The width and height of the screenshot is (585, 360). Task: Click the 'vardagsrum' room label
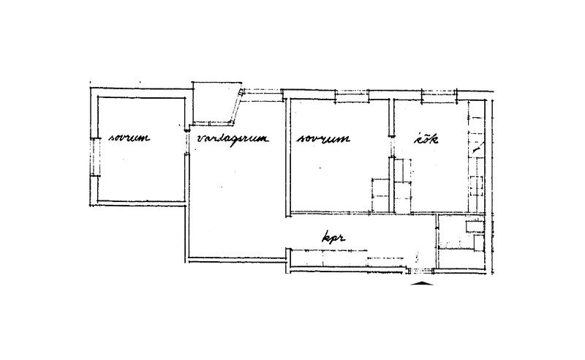[233, 139]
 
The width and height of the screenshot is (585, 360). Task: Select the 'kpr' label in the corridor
[333, 238]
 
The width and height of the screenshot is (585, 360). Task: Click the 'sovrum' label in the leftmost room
[129, 138]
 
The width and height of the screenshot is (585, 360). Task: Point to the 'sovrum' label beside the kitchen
[323, 138]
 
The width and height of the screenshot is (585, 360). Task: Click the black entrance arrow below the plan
[422, 282]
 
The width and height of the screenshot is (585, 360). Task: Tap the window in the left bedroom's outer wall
[95, 157]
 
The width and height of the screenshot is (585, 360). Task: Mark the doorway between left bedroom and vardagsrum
[186, 142]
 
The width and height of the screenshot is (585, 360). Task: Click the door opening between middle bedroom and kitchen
[391, 146]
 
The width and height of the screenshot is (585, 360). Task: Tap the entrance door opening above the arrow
[421, 271]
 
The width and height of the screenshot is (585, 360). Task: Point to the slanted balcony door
[237, 106]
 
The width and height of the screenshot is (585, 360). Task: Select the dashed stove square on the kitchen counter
[477, 186]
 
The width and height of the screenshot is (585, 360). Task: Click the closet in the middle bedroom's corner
[380, 195]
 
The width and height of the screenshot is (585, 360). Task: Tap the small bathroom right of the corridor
[461, 242]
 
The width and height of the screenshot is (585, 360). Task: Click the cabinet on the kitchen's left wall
[403, 186]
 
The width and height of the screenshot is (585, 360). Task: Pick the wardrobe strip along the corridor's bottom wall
[347, 258]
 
